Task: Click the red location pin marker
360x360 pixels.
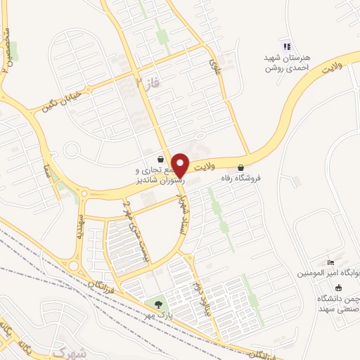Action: [181, 164]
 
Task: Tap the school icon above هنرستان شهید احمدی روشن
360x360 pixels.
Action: [286, 46]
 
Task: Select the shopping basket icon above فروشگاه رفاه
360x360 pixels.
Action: [242, 168]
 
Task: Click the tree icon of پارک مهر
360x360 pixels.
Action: [157, 304]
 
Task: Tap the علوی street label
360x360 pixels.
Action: [214, 68]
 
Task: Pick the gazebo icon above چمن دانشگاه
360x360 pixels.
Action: [337, 286]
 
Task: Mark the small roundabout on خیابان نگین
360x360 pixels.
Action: [71, 149]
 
